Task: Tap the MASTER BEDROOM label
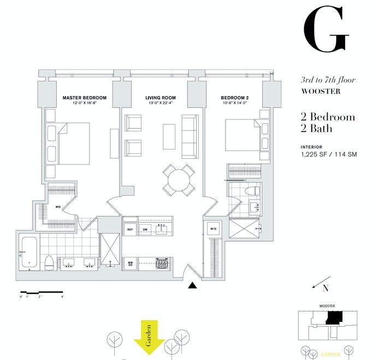pos(84,98)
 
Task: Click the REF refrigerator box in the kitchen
pos(130,230)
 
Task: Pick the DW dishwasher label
pos(145,230)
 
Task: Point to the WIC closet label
pos(58,207)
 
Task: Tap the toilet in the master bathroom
pos(48,262)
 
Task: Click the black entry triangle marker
pos(192,285)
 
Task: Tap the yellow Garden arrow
pos(149,338)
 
